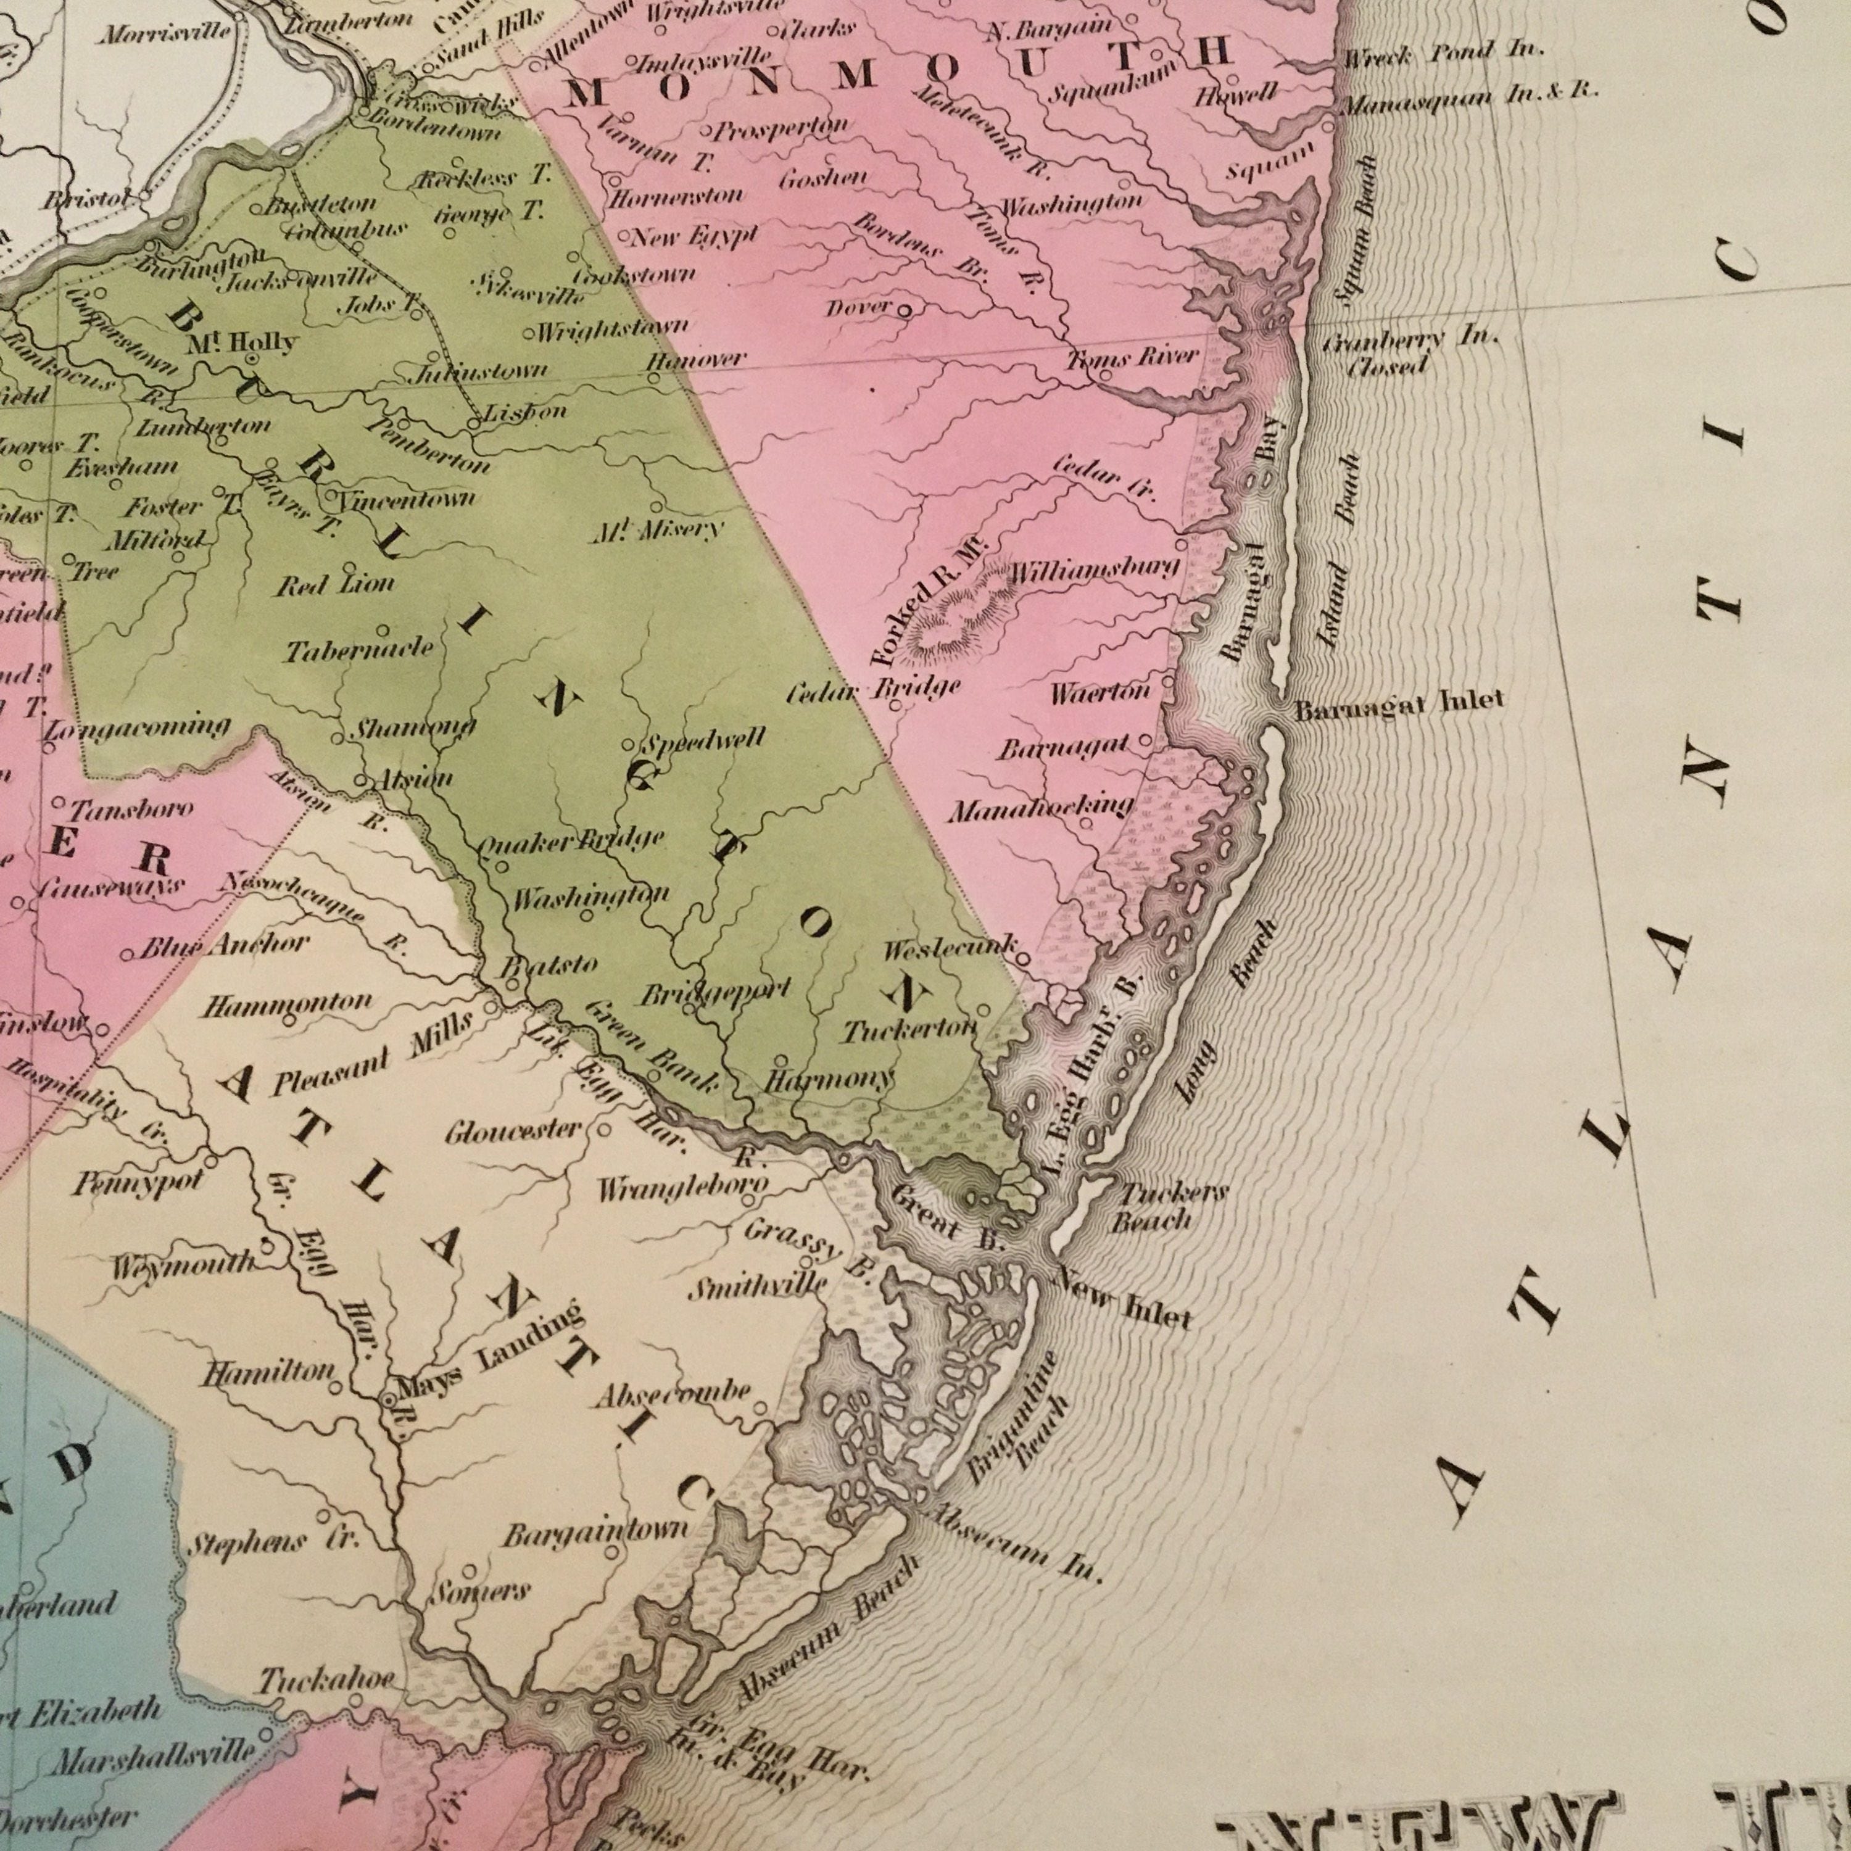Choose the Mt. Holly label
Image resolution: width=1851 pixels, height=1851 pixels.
(242, 341)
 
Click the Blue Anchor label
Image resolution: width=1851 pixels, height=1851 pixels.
(224, 946)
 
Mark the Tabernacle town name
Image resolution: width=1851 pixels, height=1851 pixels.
(359, 650)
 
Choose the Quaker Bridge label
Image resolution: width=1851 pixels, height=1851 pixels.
(570, 841)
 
